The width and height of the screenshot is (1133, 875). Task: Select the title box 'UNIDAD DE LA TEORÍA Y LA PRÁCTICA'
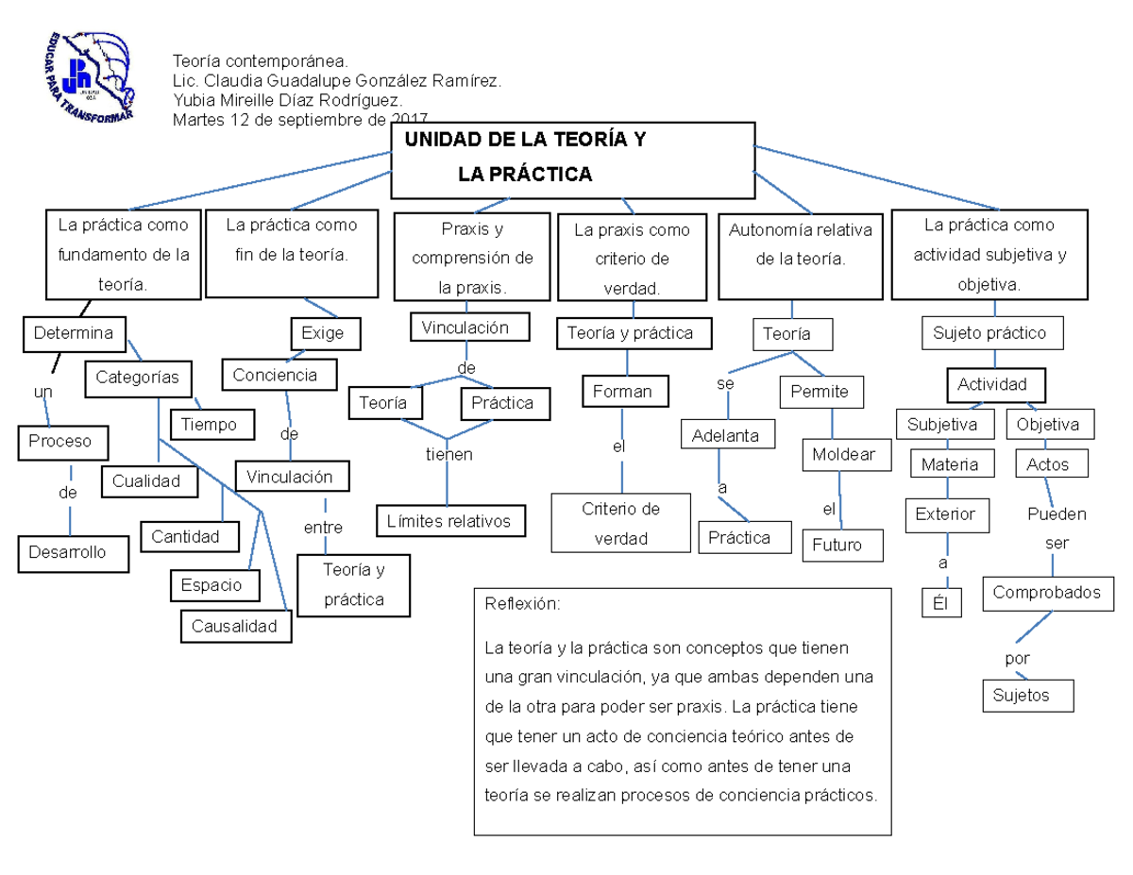click(573, 160)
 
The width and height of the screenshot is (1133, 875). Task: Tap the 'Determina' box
click(74, 333)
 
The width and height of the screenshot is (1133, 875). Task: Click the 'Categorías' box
click(138, 378)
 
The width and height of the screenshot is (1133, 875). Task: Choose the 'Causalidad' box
click(235, 626)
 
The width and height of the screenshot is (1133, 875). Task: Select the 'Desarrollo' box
click(73, 552)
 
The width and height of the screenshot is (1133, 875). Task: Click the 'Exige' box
click(322, 333)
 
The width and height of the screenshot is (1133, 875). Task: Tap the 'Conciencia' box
click(276, 375)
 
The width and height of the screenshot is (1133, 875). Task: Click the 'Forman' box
click(622, 392)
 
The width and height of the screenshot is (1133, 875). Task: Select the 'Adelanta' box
click(726, 436)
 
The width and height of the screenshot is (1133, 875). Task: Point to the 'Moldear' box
click(843, 455)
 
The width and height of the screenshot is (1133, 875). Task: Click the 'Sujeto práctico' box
click(989, 333)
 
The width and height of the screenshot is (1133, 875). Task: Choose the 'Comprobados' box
click(1047, 593)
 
